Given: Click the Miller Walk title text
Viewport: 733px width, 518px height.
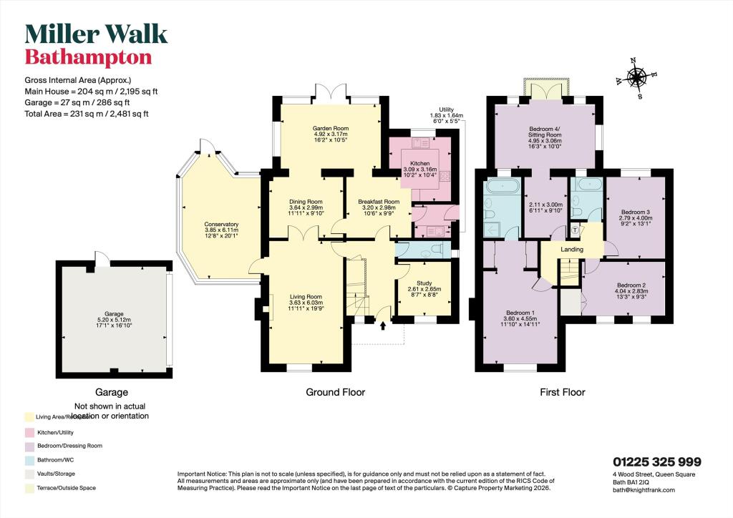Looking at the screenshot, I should coord(96,34).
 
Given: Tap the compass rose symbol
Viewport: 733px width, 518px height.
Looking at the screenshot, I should coord(635,77).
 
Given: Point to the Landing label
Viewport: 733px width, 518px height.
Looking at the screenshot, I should coord(572,250).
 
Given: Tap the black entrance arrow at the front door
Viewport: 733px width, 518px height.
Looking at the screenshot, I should coord(382,327).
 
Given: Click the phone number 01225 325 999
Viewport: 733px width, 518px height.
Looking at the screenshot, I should coord(657,462).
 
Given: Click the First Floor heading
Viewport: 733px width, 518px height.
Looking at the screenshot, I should coord(563,392).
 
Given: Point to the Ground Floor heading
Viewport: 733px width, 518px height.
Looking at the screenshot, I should coord(335,392).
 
